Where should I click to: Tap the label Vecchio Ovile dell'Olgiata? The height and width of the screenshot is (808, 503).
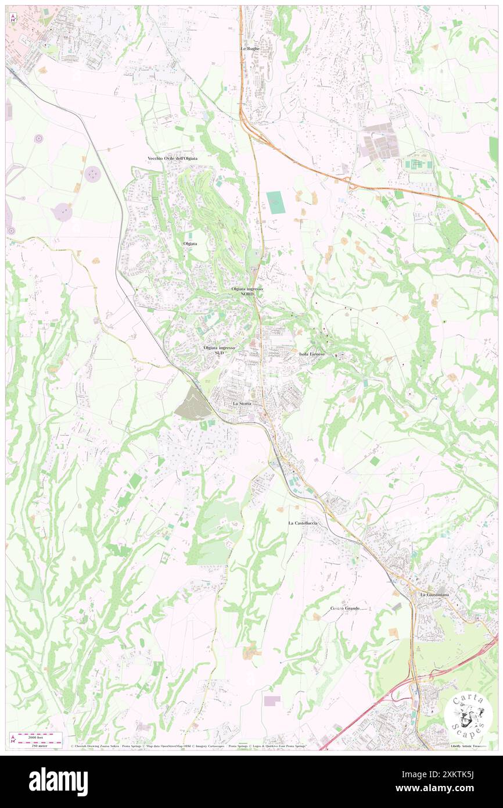[x=173, y=158]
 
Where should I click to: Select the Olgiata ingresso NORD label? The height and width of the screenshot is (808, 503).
[x=247, y=291]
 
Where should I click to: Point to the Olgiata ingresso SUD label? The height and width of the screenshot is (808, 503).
[x=219, y=350]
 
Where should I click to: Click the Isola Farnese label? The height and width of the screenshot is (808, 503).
[x=312, y=354]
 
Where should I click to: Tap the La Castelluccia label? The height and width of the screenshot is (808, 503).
[x=303, y=523]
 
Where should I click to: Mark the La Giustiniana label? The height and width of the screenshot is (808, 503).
[x=435, y=595]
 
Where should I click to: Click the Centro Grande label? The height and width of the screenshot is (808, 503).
[x=345, y=608]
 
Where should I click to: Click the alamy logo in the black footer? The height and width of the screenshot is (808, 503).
[x=58, y=781]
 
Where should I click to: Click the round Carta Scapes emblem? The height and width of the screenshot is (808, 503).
[x=468, y=714]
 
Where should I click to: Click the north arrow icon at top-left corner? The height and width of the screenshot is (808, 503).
[x=13, y=19]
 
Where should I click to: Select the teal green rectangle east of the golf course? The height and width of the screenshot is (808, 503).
[x=274, y=202]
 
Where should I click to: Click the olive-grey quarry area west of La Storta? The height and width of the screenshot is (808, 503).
[x=192, y=404]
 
